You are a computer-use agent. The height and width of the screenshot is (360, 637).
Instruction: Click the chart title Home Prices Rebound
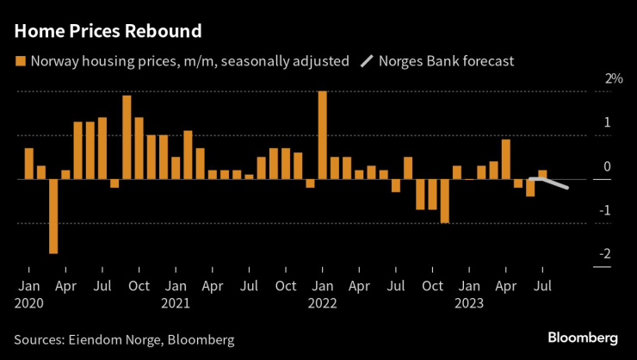coord(108,32)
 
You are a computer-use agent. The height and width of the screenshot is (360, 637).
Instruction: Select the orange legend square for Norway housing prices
coord(20,61)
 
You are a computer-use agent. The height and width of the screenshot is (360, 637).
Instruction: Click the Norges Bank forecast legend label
coord(447,61)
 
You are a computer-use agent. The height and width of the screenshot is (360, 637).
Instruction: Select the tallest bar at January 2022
coord(322,134)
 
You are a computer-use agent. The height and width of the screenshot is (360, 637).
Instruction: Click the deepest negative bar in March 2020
coord(53,216)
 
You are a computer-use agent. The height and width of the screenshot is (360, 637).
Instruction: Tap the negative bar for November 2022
coord(445,202)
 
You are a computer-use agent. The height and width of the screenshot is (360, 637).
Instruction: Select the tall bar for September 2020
coord(127,137)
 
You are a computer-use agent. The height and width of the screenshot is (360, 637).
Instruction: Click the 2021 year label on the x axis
coord(176,303)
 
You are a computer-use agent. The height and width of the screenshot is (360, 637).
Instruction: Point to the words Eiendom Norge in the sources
coord(110,339)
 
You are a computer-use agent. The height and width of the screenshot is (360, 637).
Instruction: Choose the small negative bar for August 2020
coord(114,183)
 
